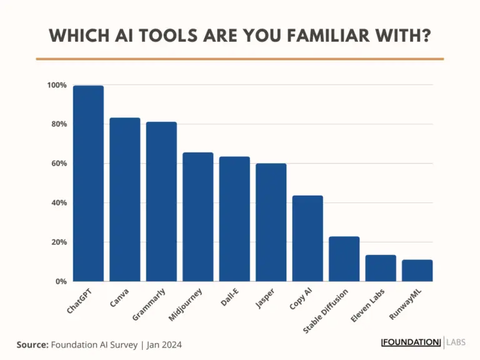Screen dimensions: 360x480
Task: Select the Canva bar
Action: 124,199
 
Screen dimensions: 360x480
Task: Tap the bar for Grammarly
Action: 161,201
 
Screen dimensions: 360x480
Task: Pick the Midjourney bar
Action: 197,217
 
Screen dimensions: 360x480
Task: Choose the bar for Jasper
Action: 271,222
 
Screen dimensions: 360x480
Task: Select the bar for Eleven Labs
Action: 381,268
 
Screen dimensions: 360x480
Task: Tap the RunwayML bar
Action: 417,270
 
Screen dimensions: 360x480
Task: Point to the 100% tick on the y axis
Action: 56,85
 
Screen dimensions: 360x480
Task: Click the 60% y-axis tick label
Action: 58,164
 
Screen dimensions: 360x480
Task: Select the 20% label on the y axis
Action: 58,242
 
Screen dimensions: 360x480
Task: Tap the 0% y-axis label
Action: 60,281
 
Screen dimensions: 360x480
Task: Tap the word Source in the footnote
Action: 31,344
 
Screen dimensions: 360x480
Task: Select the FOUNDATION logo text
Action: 411,342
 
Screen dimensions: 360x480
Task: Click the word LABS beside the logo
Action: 456,342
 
